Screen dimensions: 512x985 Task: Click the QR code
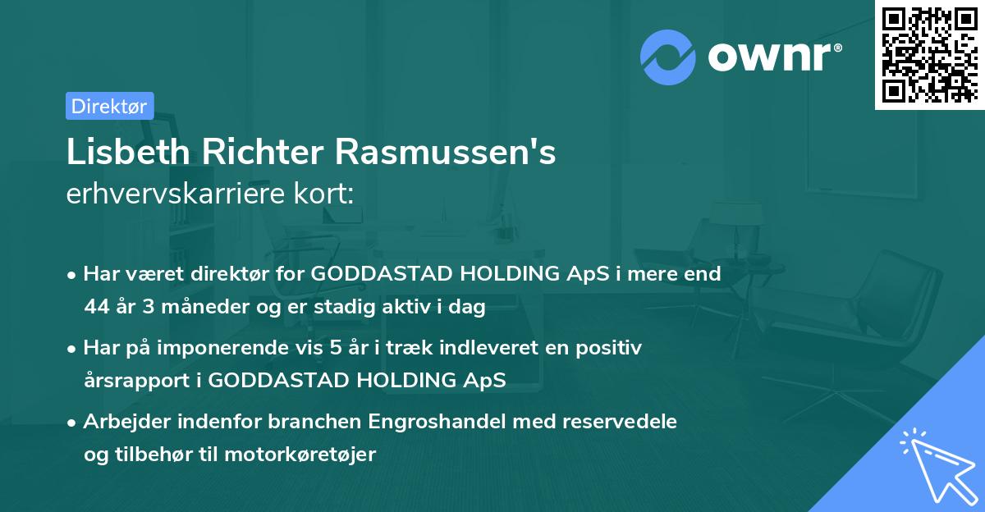930,54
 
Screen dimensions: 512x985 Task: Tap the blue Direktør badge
109,106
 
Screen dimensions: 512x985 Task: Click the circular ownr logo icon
668,57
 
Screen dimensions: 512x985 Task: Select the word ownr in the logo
773,57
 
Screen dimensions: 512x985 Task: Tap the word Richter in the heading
275,153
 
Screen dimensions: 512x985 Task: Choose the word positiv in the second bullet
612,348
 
